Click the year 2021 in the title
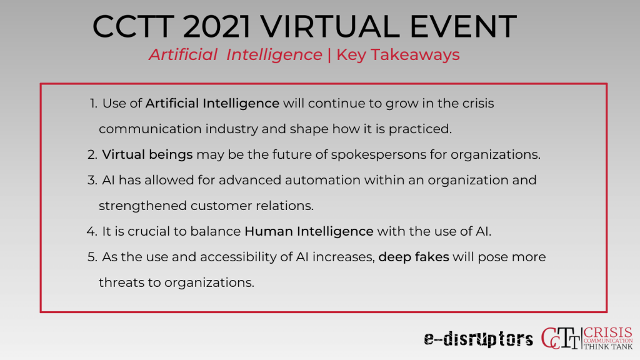217,26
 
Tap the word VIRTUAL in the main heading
330,26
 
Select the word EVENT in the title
463,26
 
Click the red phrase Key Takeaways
398,55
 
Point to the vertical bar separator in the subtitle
329,55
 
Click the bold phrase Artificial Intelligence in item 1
212,104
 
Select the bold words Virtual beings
147,155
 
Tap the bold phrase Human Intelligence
309,231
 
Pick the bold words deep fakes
414,257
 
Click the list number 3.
92,181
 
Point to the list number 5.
92,257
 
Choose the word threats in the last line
121,282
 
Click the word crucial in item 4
148,231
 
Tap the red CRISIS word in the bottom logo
607,333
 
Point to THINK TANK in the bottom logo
607,346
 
